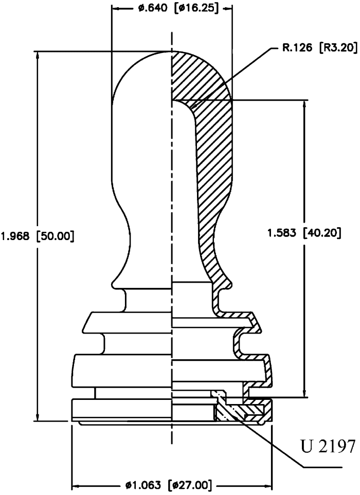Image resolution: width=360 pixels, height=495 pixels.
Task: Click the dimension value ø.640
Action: pyautogui.click(x=153, y=9)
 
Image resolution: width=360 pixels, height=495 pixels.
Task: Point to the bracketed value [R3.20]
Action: pyautogui.click(x=338, y=48)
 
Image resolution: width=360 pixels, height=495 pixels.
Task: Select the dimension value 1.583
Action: pyautogui.click(x=282, y=233)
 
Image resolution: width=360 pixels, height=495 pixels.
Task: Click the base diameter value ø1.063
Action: pyautogui.click(x=143, y=485)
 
